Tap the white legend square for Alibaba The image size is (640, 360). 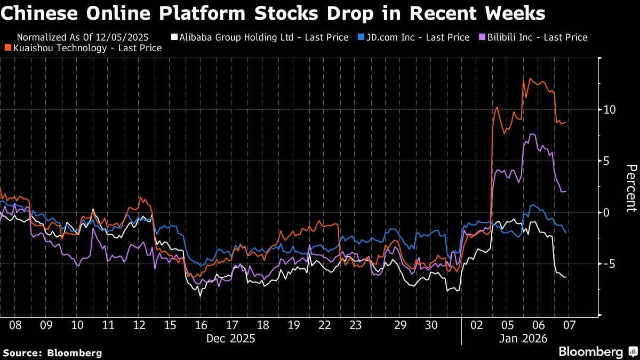click(173, 37)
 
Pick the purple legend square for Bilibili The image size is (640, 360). click(483, 37)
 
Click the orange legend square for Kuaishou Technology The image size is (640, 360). click(8, 48)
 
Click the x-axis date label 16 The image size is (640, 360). click(201, 325)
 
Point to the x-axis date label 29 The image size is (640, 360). click(401, 325)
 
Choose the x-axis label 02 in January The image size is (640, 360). click(477, 325)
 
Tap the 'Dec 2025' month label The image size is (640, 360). click(230, 338)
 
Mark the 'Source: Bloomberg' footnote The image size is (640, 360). click(52, 353)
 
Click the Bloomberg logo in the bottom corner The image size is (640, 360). click(597, 351)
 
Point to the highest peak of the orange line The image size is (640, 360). click(530, 78)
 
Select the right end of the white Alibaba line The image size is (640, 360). click(565, 277)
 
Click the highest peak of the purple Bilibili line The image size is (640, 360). click(532, 134)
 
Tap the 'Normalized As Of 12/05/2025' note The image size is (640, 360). click(83, 37)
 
